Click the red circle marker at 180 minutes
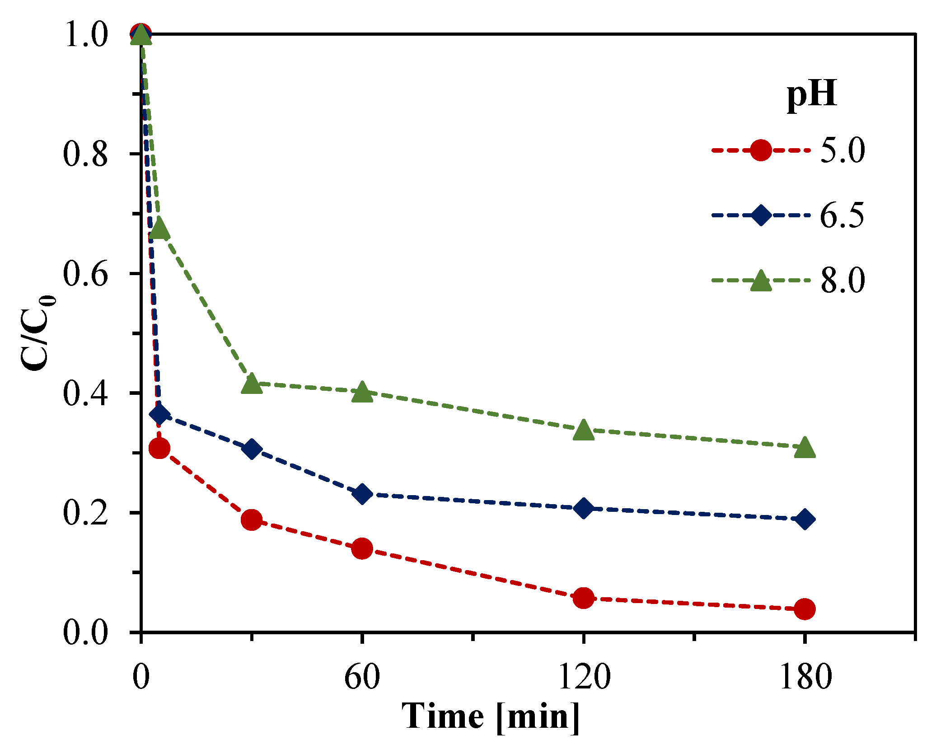pyautogui.click(x=804, y=609)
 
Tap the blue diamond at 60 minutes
pyautogui.click(x=362, y=494)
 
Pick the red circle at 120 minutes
pyautogui.click(x=583, y=598)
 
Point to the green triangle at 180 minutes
pyautogui.click(x=804, y=448)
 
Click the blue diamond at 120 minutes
pyautogui.click(x=583, y=509)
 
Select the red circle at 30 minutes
pyautogui.click(x=252, y=520)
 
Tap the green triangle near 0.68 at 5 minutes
pyautogui.click(x=159, y=229)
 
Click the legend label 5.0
pyautogui.click(x=842, y=150)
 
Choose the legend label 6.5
pyautogui.click(x=842, y=215)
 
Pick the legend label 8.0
pyautogui.click(x=842, y=280)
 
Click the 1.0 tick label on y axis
pyautogui.click(x=86, y=35)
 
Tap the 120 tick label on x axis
pyautogui.click(x=584, y=676)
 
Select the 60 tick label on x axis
pyautogui.click(x=362, y=676)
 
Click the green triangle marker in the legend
pyautogui.click(x=761, y=281)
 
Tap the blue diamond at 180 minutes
pyautogui.click(x=804, y=519)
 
